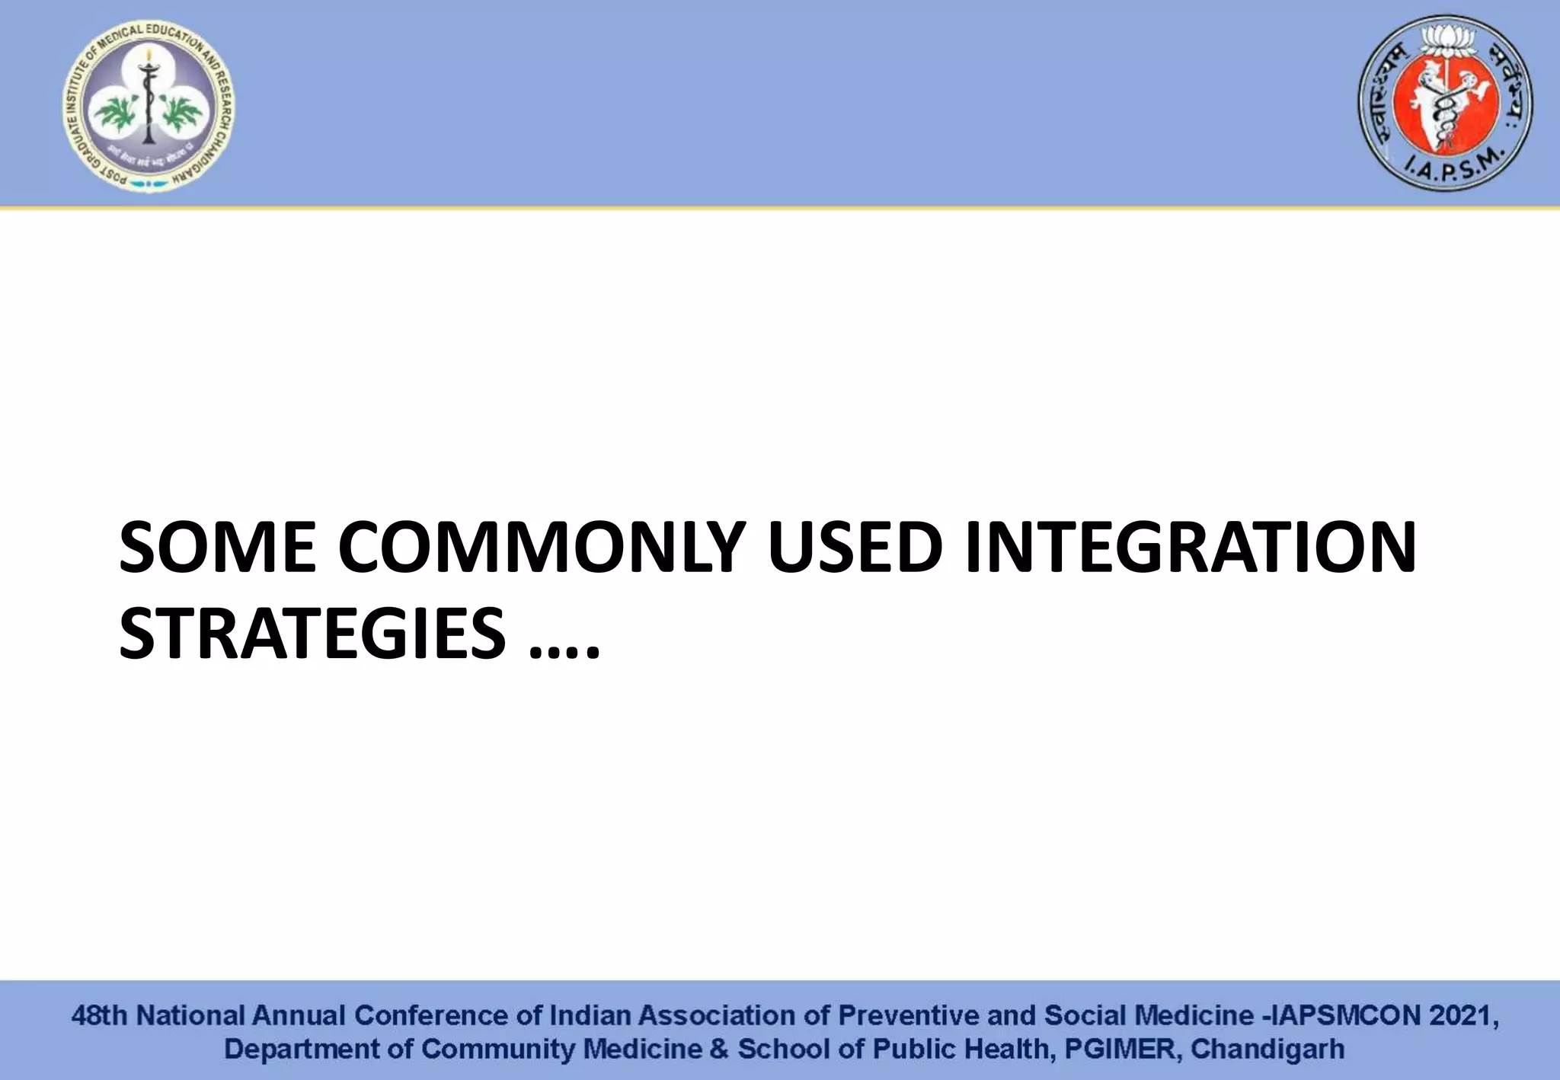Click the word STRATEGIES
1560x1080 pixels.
312,633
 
